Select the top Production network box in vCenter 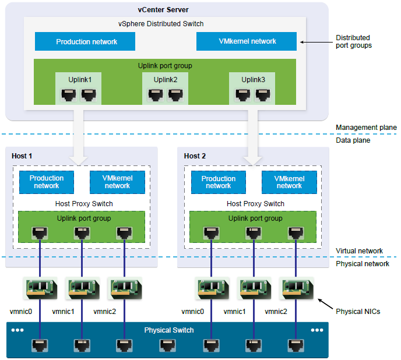(85, 41)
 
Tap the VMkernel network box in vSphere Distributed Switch (247, 41)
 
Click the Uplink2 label (165, 79)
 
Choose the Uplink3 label (253, 79)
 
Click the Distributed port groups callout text (353, 42)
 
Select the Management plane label (366, 128)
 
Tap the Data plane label (353, 140)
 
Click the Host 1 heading (22, 156)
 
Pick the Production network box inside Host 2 (218, 182)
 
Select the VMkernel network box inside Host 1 (117, 182)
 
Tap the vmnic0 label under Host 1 (21, 312)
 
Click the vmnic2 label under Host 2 (276, 312)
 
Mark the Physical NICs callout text (358, 312)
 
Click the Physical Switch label (169, 330)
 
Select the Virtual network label (359, 251)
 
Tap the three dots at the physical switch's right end (316, 330)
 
